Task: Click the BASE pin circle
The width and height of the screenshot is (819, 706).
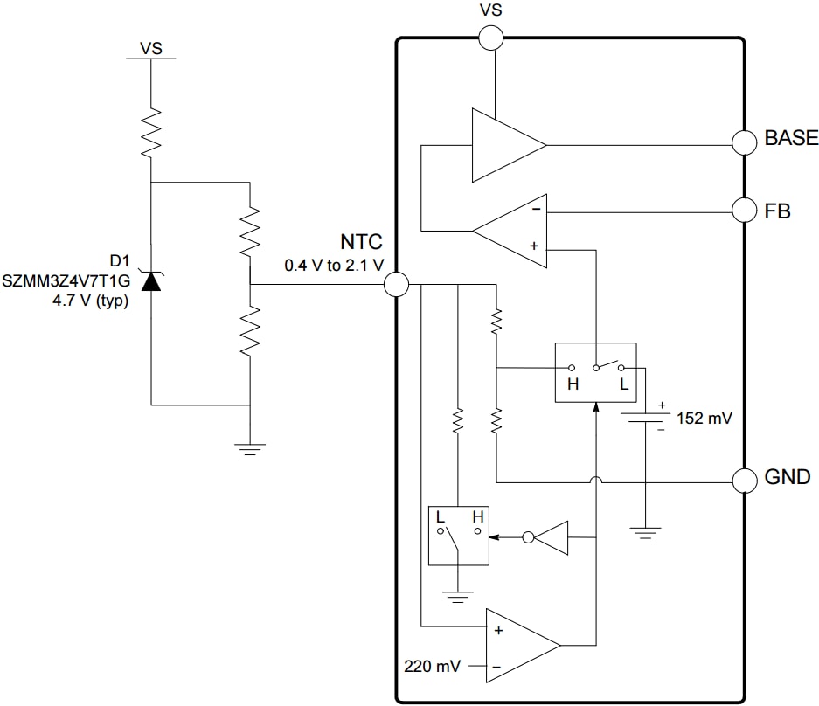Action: click(744, 142)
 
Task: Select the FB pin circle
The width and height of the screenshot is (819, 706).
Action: click(744, 210)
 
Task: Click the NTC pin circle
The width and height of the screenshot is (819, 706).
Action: click(396, 284)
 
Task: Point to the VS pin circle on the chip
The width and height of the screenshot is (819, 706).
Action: click(491, 38)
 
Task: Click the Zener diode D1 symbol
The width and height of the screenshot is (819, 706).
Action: click(151, 280)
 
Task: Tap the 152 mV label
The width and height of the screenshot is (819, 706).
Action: click(704, 419)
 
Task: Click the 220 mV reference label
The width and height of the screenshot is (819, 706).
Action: click(432, 667)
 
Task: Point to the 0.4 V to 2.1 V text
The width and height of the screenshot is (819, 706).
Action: click(334, 265)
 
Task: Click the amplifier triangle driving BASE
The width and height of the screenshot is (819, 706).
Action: click(505, 145)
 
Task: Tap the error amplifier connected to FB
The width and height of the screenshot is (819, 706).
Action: click(514, 231)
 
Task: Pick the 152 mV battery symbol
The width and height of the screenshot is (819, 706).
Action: click(644, 417)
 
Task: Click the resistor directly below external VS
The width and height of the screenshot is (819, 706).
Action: click(151, 130)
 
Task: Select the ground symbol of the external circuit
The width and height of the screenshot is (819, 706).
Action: click(250, 448)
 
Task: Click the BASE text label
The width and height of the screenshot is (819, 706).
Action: click(790, 138)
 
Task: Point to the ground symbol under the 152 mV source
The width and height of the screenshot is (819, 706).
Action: click(644, 531)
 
